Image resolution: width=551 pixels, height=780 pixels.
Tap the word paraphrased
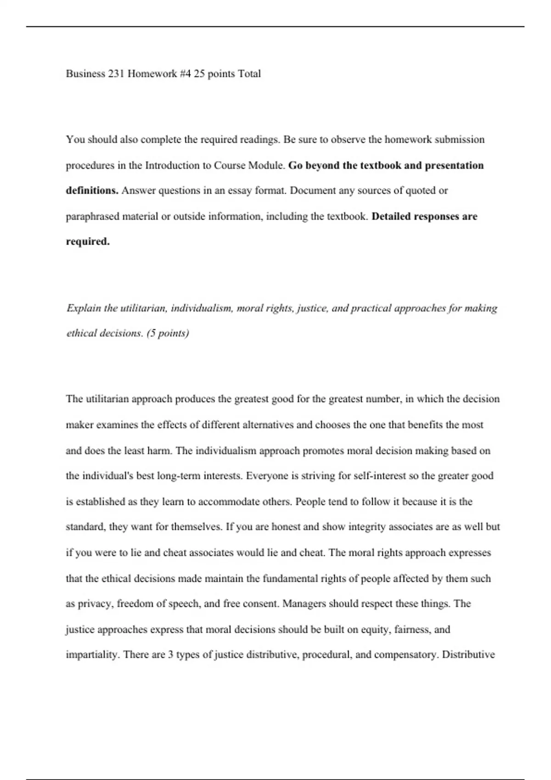(x=93, y=216)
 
